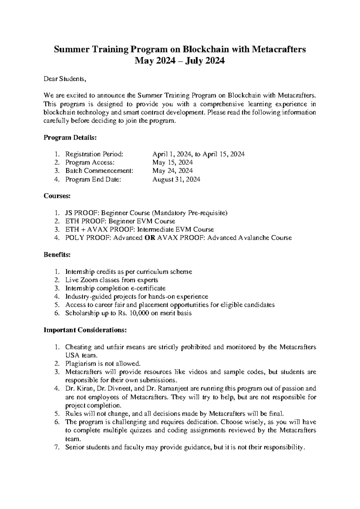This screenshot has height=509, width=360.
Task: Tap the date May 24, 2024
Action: [x=172, y=171]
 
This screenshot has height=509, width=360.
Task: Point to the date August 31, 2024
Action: [x=176, y=179]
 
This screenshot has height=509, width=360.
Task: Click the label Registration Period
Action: [x=94, y=154]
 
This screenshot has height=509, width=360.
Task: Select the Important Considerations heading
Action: [x=85, y=330]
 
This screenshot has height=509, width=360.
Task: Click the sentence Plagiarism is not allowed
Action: [x=103, y=364]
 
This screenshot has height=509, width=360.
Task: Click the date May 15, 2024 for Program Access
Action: [x=172, y=163]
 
